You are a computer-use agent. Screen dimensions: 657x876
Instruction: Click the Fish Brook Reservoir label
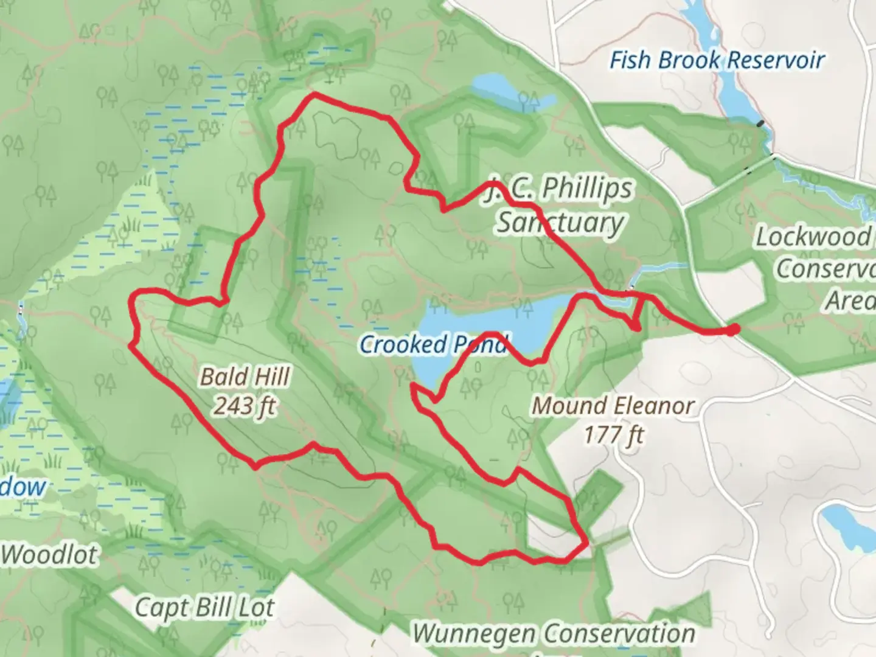click(x=717, y=60)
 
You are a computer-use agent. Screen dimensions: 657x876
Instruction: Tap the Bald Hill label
click(x=245, y=377)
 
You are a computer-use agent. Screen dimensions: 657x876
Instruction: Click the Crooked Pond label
click(x=433, y=345)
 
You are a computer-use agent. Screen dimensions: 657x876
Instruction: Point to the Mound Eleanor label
click(x=613, y=406)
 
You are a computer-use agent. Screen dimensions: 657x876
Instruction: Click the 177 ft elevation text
click(x=613, y=434)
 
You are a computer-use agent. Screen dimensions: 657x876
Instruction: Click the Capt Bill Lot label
click(x=204, y=607)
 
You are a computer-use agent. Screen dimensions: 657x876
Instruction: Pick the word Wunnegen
click(x=473, y=633)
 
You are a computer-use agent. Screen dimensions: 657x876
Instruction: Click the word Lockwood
click(x=813, y=237)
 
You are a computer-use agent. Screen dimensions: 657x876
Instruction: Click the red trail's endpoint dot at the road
click(x=734, y=329)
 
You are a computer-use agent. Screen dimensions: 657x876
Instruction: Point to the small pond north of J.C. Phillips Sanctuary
click(x=511, y=91)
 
